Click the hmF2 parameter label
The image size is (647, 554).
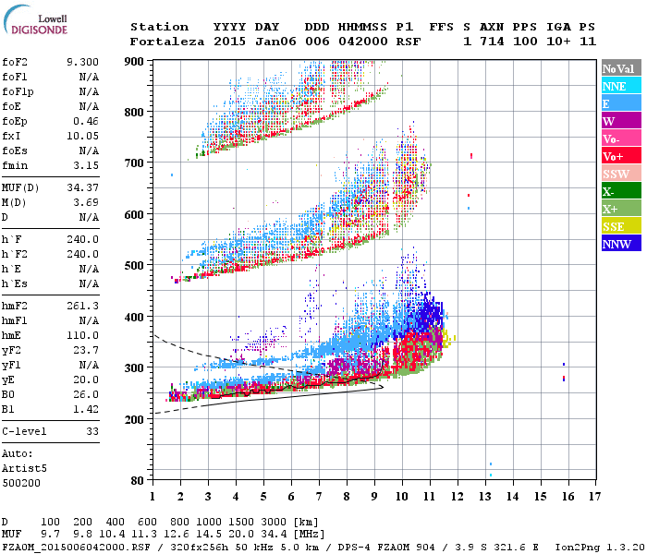(16, 306)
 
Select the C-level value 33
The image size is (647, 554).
(92, 430)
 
